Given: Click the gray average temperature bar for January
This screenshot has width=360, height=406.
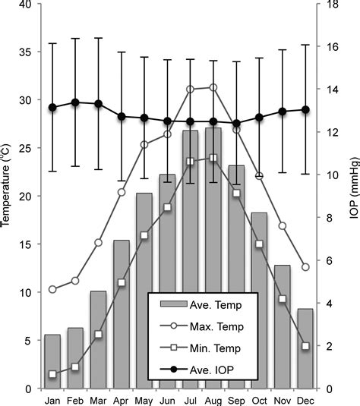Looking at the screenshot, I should tap(52, 361).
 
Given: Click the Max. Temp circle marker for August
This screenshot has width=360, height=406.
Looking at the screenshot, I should tap(213, 87).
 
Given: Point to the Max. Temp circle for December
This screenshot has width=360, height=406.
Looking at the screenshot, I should tap(305, 267).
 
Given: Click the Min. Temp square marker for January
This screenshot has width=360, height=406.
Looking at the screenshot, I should tap(52, 374).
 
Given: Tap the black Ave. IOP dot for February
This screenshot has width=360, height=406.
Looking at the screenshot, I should tap(75, 102).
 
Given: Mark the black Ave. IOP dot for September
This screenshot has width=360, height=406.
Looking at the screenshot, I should tap(236, 123).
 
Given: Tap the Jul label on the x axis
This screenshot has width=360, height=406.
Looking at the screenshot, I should tap(190, 399).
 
